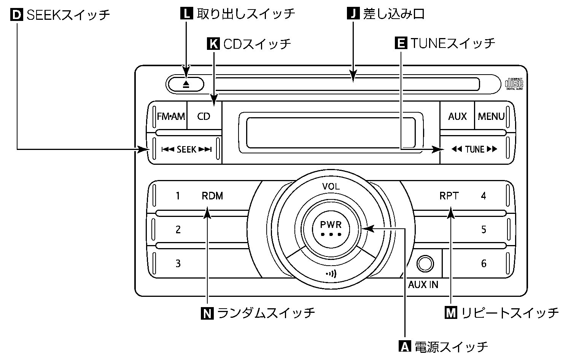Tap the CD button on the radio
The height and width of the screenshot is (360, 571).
coord(204,116)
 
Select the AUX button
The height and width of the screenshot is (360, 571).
coord(457,116)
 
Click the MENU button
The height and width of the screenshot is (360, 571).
coord(491,116)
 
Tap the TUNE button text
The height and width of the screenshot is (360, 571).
coord(474,150)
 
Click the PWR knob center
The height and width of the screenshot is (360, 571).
coord(331,228)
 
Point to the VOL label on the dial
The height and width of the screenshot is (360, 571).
coord(331,186)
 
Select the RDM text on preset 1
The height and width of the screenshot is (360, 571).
coord(212,196)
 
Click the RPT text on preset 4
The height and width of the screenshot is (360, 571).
coord(449,196)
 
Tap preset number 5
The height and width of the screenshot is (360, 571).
coord(484,229)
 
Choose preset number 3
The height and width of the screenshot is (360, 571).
coord(178,263)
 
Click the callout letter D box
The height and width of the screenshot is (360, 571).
coord(17,15)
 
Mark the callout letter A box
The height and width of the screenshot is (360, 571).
coord(404,346)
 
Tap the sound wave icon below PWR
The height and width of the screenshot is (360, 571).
coord(331,274)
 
